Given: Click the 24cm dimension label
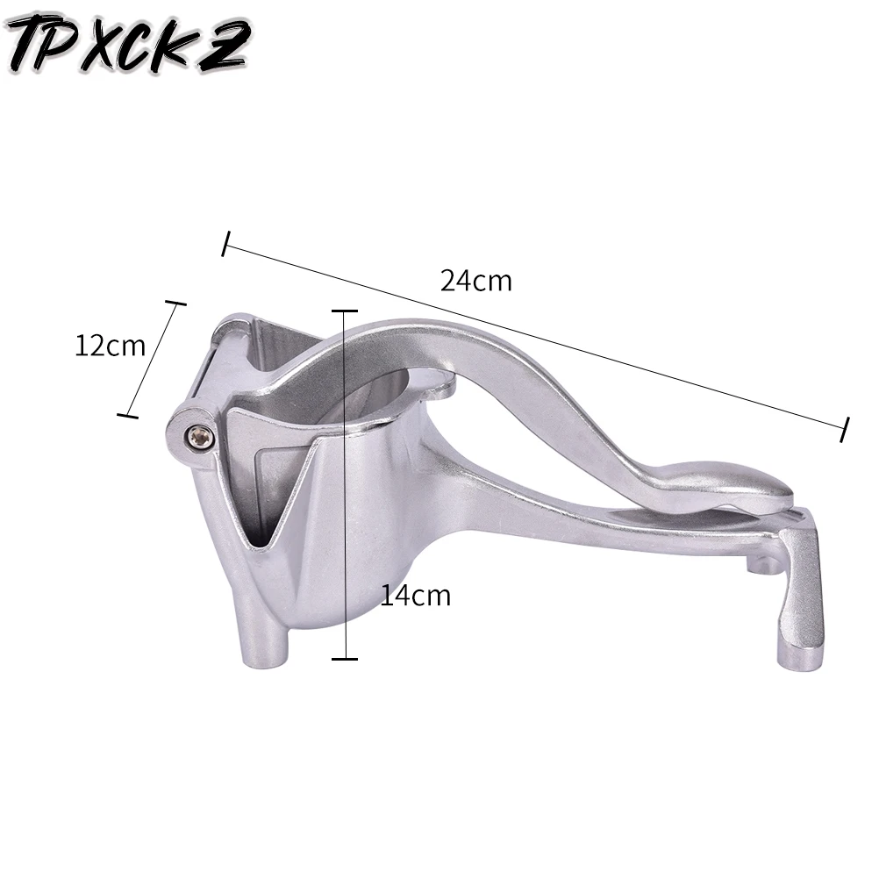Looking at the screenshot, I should coord(475,281).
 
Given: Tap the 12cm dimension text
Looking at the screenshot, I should coord(110,346).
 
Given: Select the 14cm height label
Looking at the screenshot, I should coord(415,596).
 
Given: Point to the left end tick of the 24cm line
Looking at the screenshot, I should coord(226,244).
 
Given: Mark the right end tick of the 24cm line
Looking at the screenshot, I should coord(845,429).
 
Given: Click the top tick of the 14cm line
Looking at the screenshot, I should coord(344,311).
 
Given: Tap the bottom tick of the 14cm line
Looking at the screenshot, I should coord(344,658).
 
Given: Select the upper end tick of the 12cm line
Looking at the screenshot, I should coord(175,304).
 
